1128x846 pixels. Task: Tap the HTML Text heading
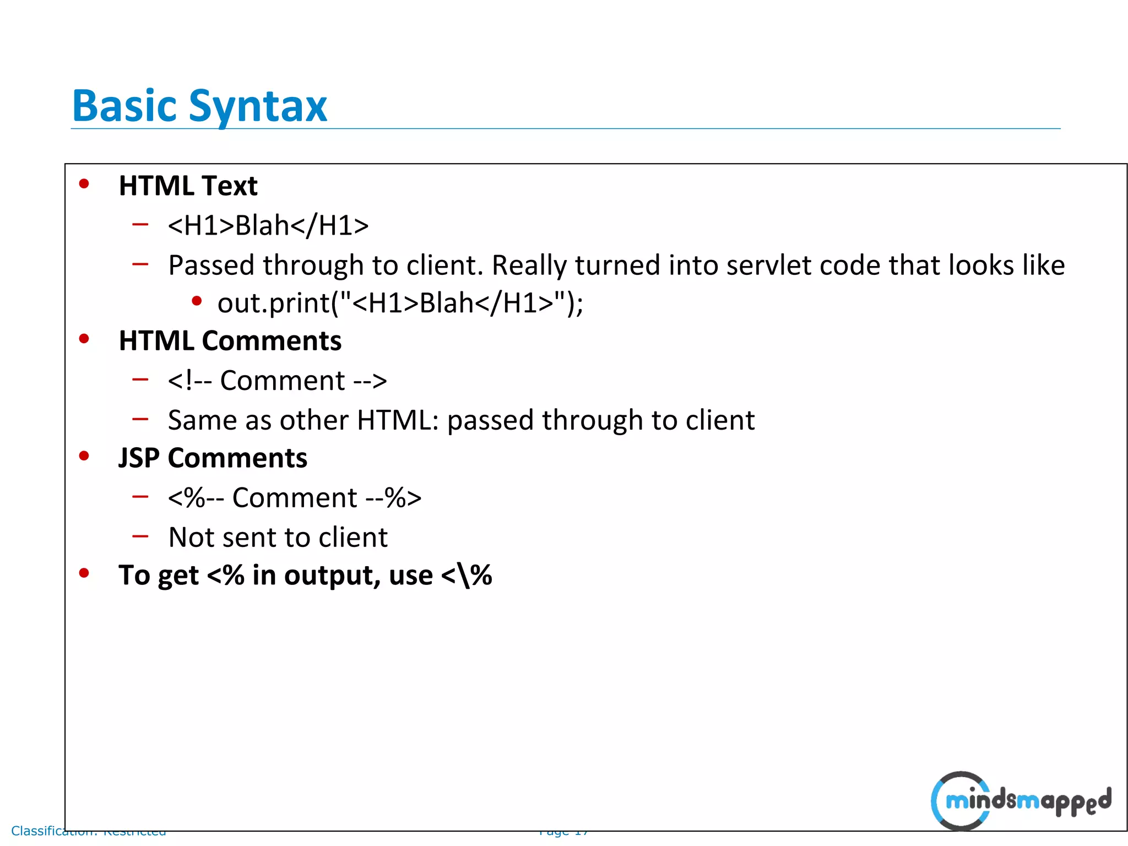(x=188, y=186)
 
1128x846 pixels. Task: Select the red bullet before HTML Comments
(x=84, y=339)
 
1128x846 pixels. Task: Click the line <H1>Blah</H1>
(x=268, y=225)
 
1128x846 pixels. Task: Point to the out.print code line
(x=400, y=303)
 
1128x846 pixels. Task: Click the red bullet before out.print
(x=197, y=301)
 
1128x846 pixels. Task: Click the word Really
(x=529, y=266)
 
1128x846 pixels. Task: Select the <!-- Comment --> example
(x=278, y=381)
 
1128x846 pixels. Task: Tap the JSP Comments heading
(x=213, y=458)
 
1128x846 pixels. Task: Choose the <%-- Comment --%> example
(x=295, y=498)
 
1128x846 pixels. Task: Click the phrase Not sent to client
(x=278, y=537)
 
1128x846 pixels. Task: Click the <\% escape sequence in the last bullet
(x=467, y=576)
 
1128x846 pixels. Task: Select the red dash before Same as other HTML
(x=140, y=419)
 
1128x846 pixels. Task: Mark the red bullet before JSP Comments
(x=84, y=456)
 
